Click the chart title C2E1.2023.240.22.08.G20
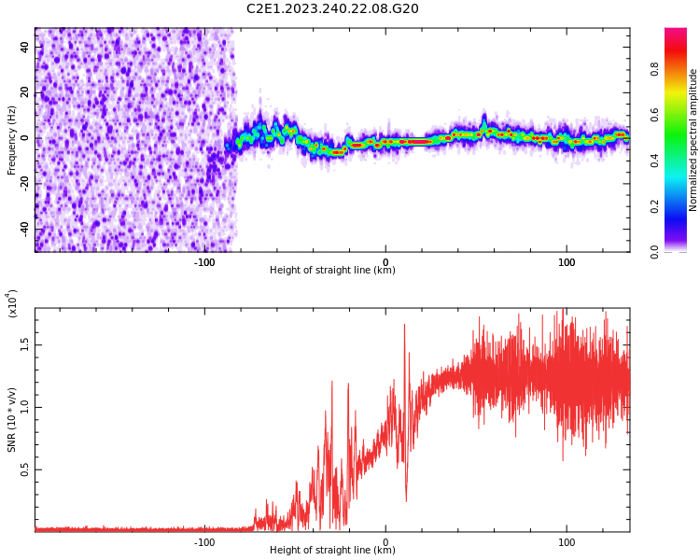[x=332, y=9]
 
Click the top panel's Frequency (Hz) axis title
[x=12, y=140]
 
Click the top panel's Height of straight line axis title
[x=332, y=271]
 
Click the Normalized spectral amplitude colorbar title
[x=693, y=140]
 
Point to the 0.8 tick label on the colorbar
[x=680, y=69]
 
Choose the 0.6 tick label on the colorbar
[x=680, y=115]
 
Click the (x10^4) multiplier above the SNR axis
[x=12, y=303]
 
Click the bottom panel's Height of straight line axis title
[x=332, y=551]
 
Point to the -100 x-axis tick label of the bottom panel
[x=204, y=542]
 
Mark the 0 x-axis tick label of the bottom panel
[x=385, y=542]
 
